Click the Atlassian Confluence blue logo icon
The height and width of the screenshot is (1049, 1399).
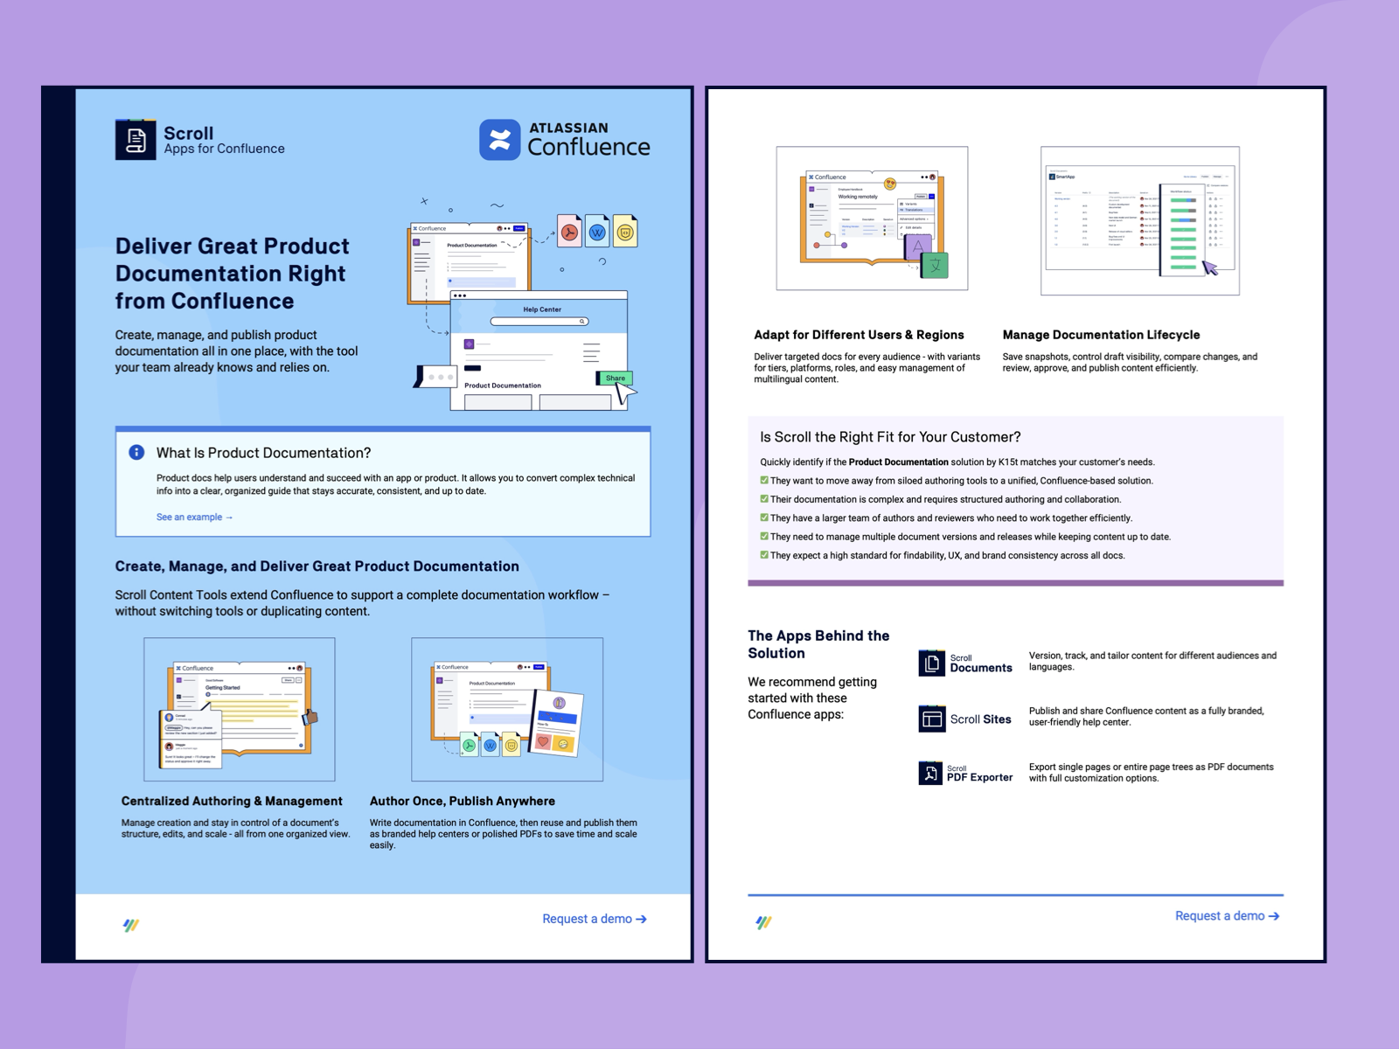tap(499, 140)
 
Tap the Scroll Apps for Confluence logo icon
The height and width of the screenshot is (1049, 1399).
tap(136, 140)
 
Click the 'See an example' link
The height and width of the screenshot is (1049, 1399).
tap(194, 518)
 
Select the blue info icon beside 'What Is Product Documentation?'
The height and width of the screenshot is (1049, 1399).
tap(136, 452)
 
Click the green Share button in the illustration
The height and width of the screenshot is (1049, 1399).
tap(615, 379)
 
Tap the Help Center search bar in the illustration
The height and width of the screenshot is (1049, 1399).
tap(539, 322)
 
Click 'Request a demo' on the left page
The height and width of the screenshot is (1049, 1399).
tap(594, 919)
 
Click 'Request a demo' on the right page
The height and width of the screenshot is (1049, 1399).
tap(1227, 916)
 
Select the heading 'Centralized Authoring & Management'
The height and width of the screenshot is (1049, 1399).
tap(232, 801)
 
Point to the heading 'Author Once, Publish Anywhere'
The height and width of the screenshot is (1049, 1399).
tap(462, 801)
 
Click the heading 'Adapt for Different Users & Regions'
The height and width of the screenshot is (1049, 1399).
tap(859, 335)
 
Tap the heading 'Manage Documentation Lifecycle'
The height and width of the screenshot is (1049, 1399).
tap(1101, 335)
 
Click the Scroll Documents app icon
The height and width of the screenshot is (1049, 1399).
tap(931, 663)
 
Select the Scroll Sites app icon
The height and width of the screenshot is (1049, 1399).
tap(931, 719)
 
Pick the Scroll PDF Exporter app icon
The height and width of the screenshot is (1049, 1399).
tap(929, 773)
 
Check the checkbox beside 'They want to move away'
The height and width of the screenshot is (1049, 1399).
tap(764, 480)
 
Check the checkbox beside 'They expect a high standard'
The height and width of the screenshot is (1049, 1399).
tap(764, 555)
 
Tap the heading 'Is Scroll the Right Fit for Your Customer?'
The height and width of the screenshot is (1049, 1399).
tap(890, 437)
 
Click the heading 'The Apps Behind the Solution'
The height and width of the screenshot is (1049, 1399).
tap(818, 644)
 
